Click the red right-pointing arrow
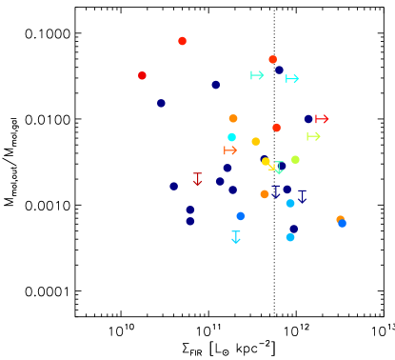[x=322, y=119]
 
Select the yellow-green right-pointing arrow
[x=313, y=136]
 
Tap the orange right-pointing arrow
[x=230, y=150]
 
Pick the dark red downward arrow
[x=198, y=179]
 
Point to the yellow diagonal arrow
[x=271, y=167]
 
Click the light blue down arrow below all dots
[x=236, y=237]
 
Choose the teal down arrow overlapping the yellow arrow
[x=279, y=168]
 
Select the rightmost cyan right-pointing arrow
[x=292, y=78]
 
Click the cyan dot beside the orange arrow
[x=231, y=137]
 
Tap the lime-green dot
[x=295, y=159]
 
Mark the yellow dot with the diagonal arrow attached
[x=267, y=162]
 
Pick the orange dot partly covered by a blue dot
[x=340, y=219]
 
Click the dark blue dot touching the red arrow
[x=308, y=119]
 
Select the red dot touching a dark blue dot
[x=272, y=59]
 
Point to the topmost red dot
[x=182, y=41]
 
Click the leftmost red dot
[x=142, y=75]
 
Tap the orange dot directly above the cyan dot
[x=233, y=118]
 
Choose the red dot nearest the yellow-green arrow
[x=276, y=128]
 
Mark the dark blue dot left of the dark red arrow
[x=173, y=187]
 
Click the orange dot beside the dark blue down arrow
[x=265, y=194]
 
